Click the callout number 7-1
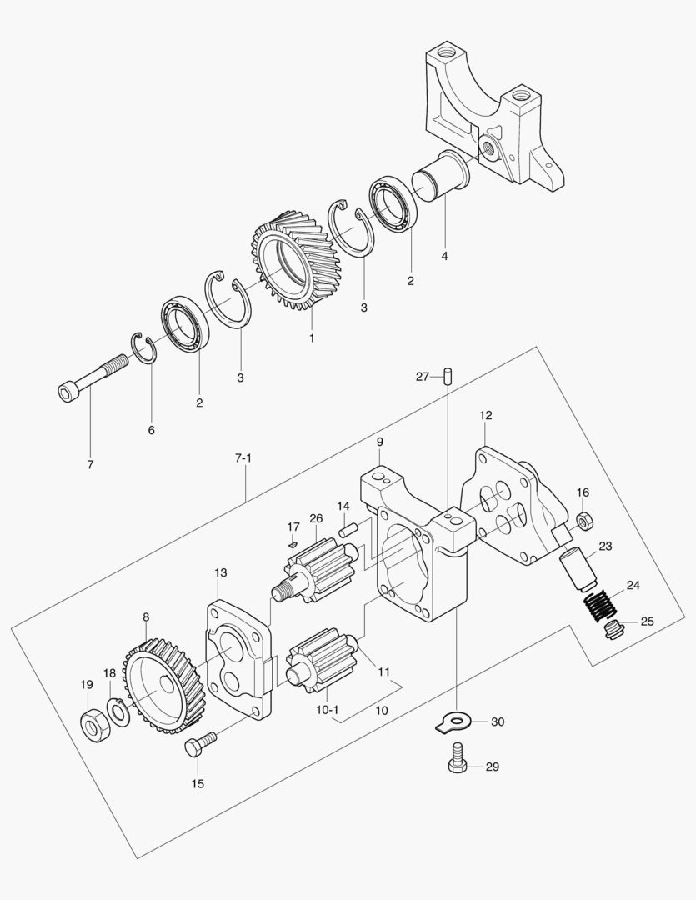click(243, 458)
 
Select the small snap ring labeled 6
click(143, 347)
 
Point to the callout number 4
click(444, 256)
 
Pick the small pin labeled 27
click(448, 377)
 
